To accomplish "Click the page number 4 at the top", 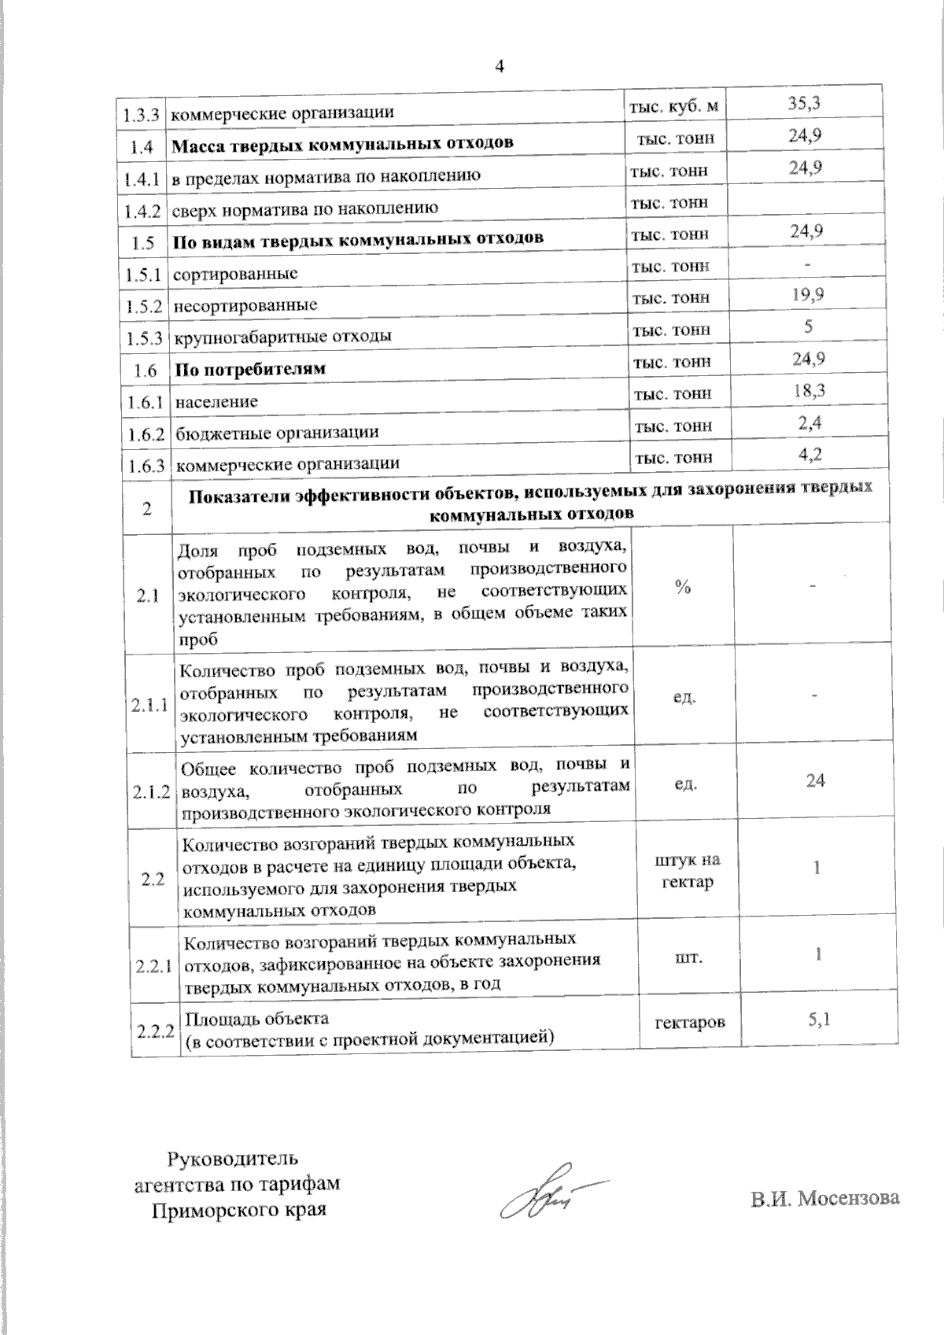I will [498, 65].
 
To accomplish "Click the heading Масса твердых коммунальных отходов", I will [343, 143].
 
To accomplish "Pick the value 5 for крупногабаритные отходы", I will [808, 326].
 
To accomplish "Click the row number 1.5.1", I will [142, 275].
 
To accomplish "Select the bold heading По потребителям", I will [250, 369].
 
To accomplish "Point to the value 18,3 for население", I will [809, 390].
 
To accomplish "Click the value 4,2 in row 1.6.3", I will [810, 454].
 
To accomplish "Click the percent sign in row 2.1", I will [682, 587].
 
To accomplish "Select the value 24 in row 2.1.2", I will [815, 780].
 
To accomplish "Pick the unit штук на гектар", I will [688, 870].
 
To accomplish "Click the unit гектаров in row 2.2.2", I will [690, 1022].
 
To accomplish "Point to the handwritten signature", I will [547, 1197].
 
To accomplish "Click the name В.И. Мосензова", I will [824, 1198].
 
